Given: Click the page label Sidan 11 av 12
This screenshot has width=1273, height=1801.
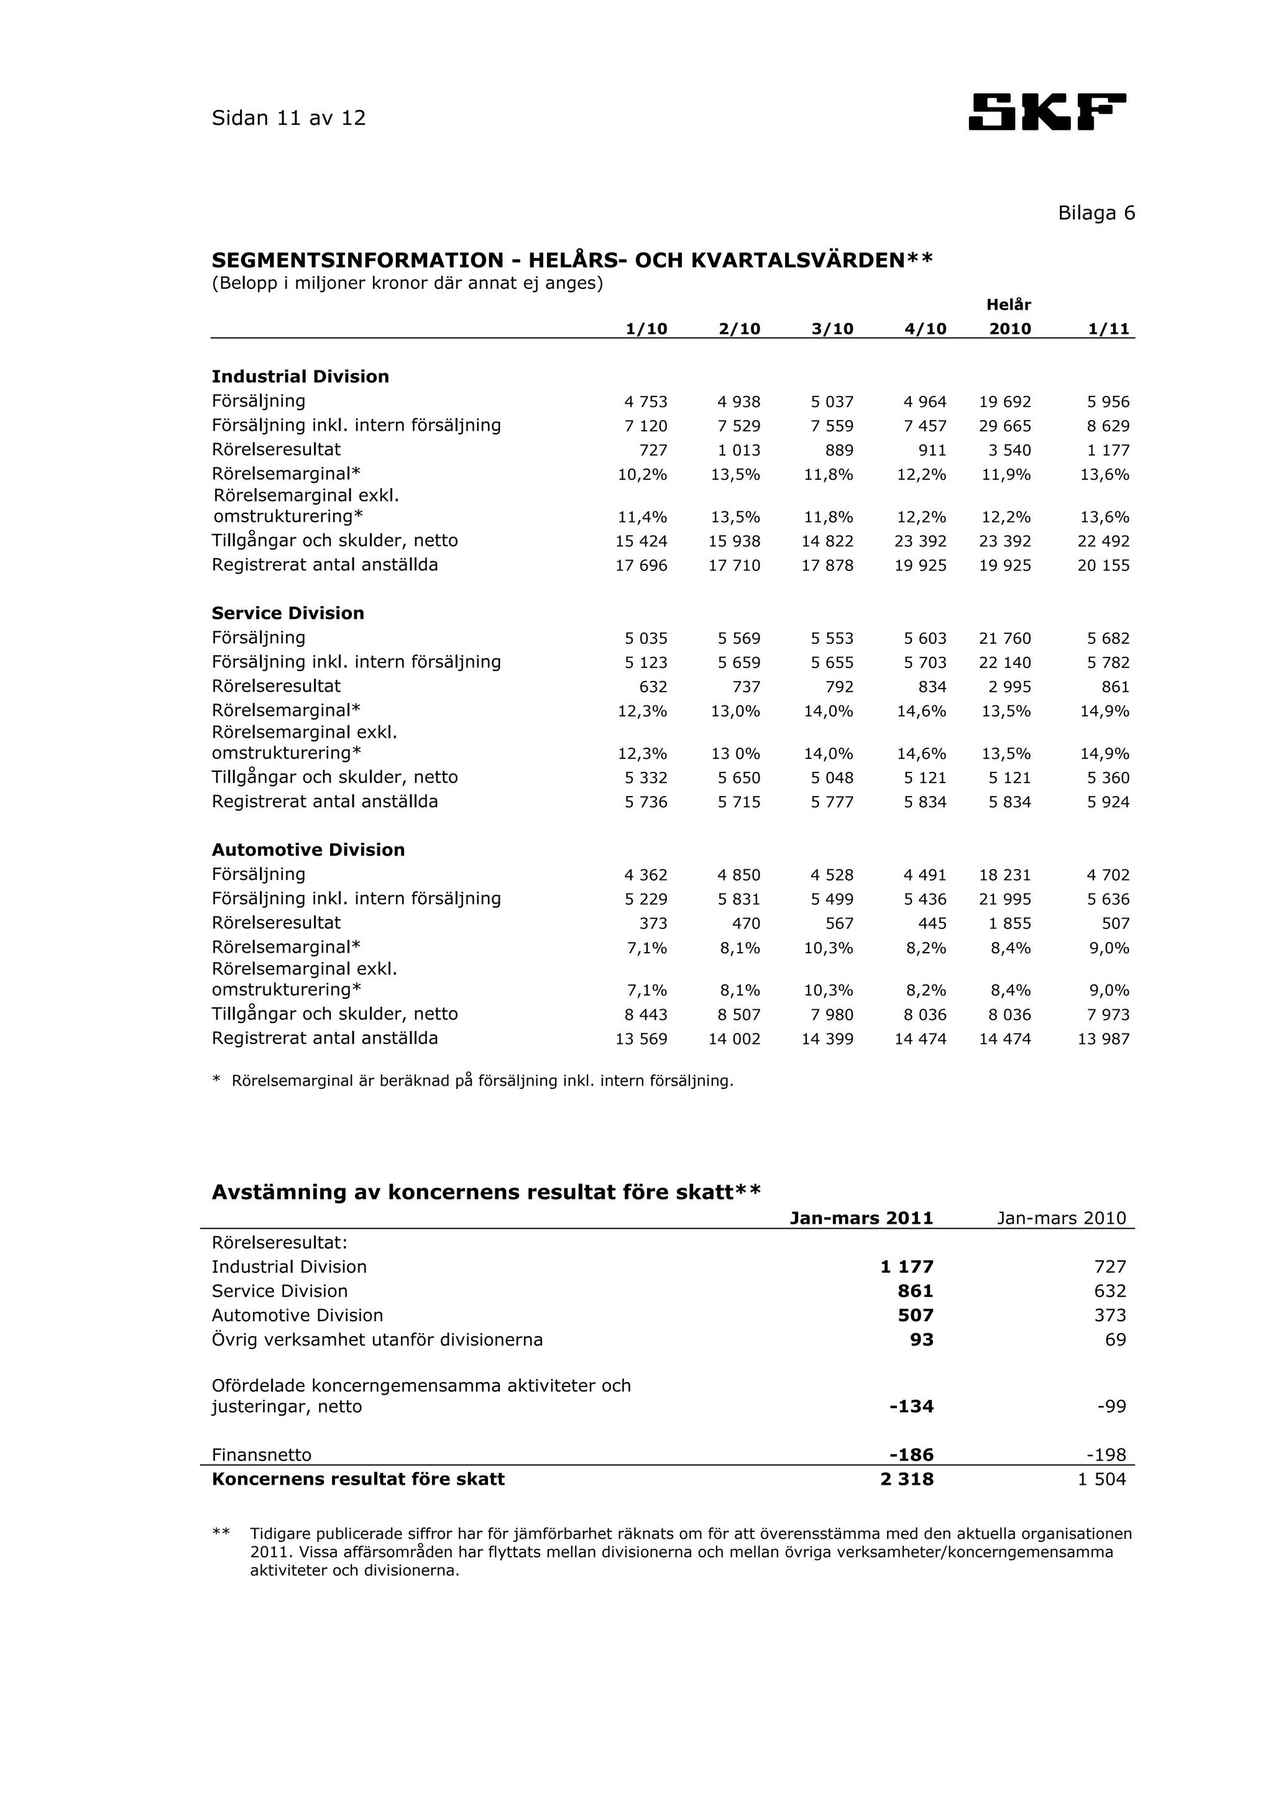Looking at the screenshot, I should (x=288, y=119).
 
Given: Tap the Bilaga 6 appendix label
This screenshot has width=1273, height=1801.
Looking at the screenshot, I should (x=1096, y=213).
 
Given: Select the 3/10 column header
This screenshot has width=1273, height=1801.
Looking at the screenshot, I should (x=832, y=329).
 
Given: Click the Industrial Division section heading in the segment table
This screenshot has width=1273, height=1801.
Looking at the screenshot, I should (x=300, y=377).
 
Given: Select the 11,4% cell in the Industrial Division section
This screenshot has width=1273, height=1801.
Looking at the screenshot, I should (x=642, y=518).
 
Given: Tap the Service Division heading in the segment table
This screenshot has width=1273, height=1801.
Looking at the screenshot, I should (x=288, y=613).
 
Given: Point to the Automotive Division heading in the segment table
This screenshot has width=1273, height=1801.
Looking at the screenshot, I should (x=308, y=850).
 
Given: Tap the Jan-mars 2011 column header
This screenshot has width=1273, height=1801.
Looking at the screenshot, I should (x=862, y=1218).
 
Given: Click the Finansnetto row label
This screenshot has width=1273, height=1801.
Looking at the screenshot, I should (x=261, y=1455).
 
